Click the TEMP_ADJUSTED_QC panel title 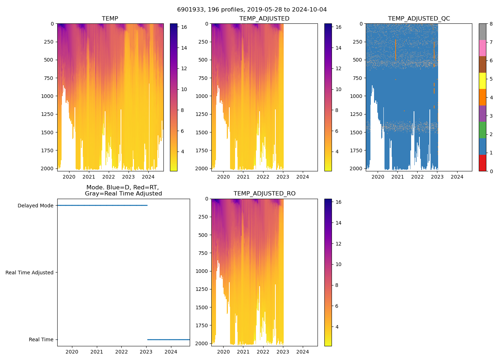[x=419, y=19]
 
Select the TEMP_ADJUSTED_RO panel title [x=264, y=194]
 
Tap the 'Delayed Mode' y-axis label [x=35, y=206]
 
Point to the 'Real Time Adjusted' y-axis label [x=29, y=273]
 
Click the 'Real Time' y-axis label [x=41, y=339]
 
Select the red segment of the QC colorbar [x=482, y=163]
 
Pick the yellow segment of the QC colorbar [x=482, y=81]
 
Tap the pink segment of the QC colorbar [x=482, y=48]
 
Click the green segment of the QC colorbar [x=482, y=130]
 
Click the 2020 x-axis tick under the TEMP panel [x=69, y=177]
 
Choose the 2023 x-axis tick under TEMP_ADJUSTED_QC [x=437, y=177]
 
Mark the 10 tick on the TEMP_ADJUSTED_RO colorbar [x=338, y=264]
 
